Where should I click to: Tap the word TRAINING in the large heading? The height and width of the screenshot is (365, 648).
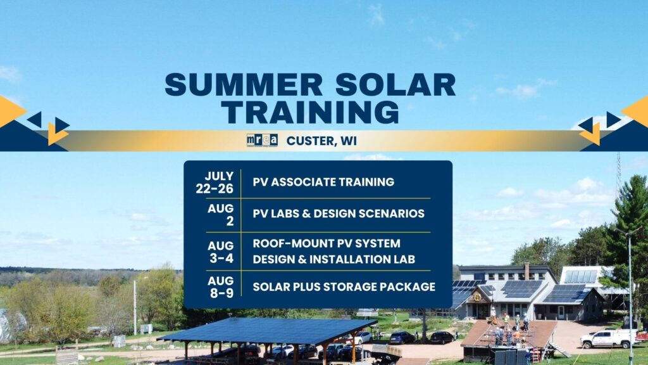(310, 112)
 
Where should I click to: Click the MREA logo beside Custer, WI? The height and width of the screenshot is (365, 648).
(262, 140)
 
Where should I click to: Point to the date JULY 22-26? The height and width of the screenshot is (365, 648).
(219, 181)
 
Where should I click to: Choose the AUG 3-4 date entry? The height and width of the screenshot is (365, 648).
(220, 251)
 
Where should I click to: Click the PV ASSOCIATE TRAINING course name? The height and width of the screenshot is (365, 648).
(323, 182)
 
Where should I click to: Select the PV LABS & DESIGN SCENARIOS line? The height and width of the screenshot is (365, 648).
(339, 214)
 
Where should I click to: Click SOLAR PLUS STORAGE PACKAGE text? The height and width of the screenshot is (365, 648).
(344, 286)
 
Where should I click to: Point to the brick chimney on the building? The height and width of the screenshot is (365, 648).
(526, 271)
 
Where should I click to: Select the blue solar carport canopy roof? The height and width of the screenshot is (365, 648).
(266, 330)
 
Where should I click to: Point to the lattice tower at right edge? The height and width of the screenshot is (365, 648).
(618, 174)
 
